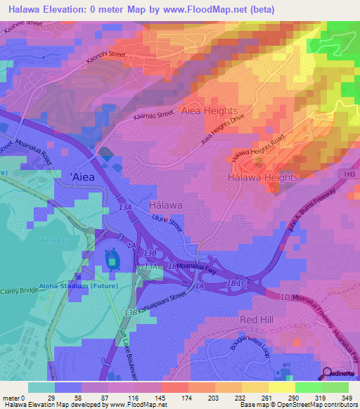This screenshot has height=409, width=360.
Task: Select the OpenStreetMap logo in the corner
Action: pyautogui.click(x=340, y=373)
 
